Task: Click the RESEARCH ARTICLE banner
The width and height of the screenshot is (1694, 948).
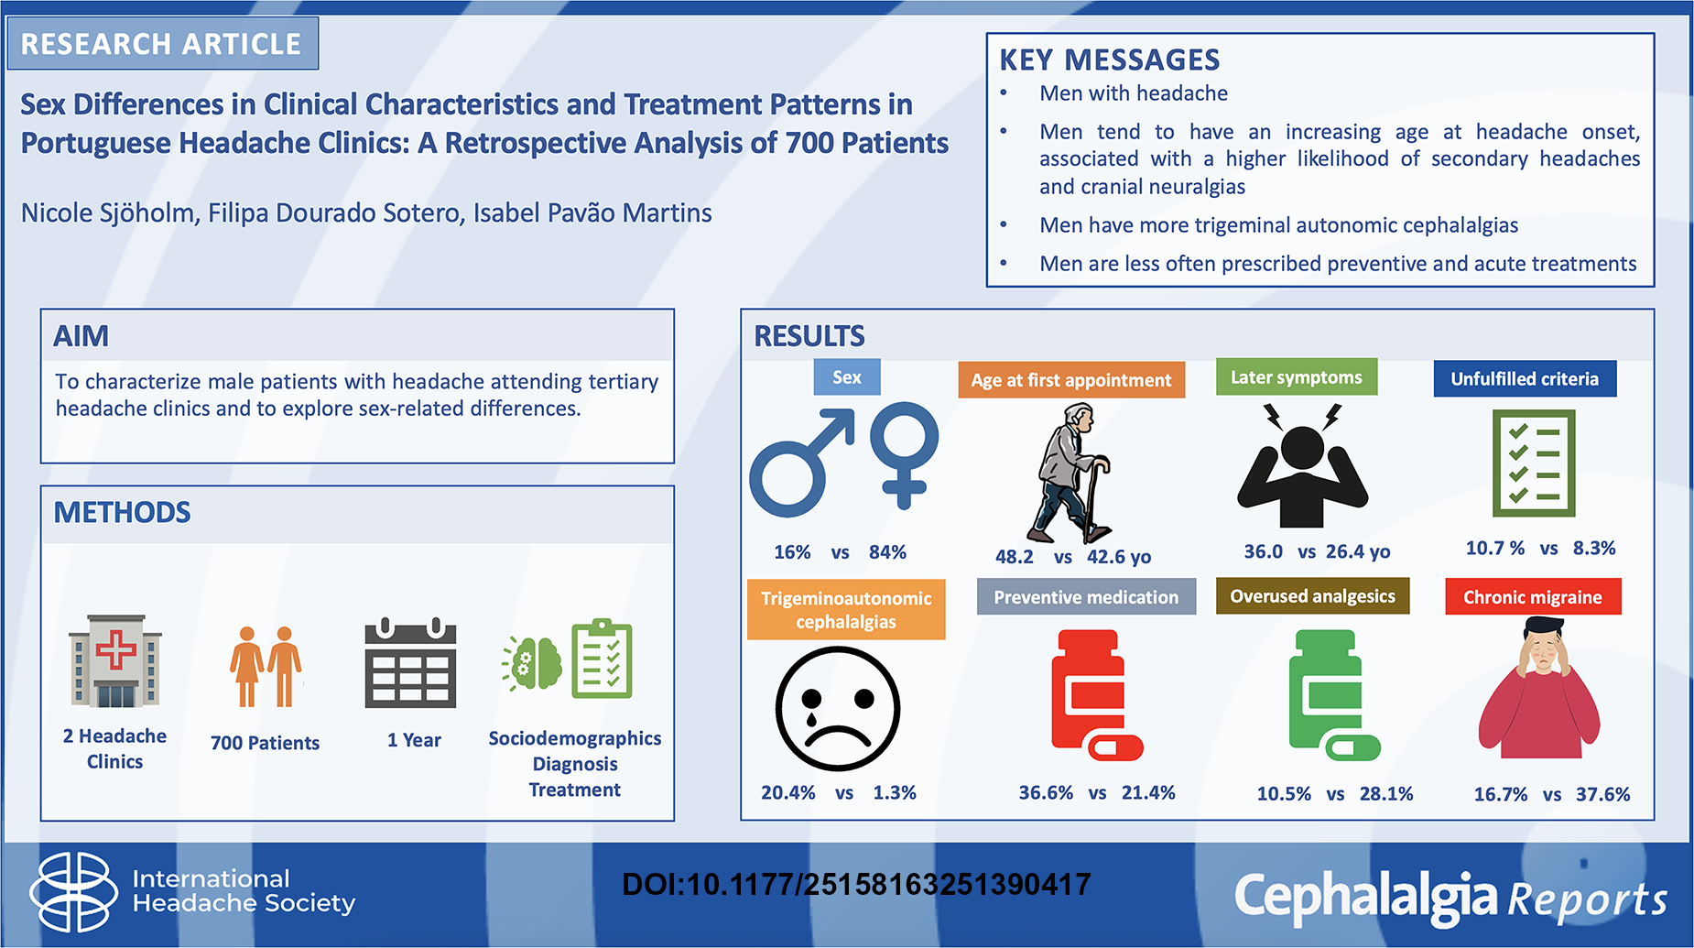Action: click(163, 43)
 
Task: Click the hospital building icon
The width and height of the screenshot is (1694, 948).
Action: click(115, 660)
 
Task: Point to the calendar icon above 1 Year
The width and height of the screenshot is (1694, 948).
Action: click(410, 663)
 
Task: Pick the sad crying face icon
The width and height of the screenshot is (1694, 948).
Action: click(838, 709)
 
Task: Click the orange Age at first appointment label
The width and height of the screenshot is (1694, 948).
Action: click(1071, 380)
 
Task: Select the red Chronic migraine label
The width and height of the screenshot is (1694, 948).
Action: click(1533, 597)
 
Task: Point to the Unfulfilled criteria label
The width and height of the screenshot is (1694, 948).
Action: click(1525, 378)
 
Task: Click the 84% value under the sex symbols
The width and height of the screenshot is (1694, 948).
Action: click(887, 552)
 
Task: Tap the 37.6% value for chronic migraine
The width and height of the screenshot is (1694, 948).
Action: click(1602, 794)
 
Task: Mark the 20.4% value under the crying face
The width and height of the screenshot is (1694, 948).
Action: click(787, 792)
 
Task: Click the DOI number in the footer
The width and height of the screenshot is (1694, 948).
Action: click(856, 884)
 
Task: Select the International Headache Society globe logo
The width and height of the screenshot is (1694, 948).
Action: click(73, 891)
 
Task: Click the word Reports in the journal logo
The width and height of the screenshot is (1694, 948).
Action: click(1587, 900)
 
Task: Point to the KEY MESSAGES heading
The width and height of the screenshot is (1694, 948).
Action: click(1109, 60)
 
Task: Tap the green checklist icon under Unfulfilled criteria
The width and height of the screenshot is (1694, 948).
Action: click(1534, 463)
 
